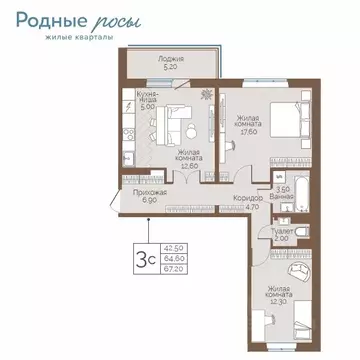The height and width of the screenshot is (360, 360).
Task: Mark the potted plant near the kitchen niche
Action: [x=205, y=95]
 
